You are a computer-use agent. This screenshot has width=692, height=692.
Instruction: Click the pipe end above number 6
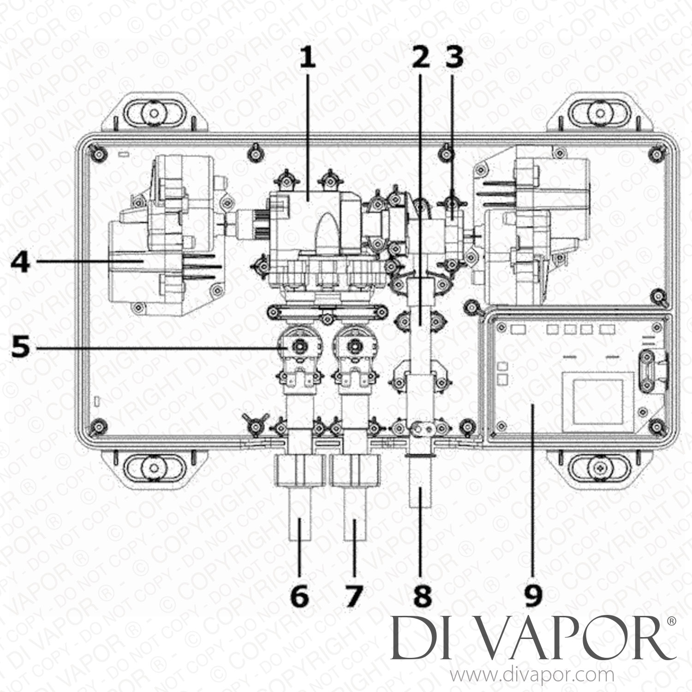(299, 524)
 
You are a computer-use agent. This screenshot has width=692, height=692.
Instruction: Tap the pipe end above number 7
(355, 524)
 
